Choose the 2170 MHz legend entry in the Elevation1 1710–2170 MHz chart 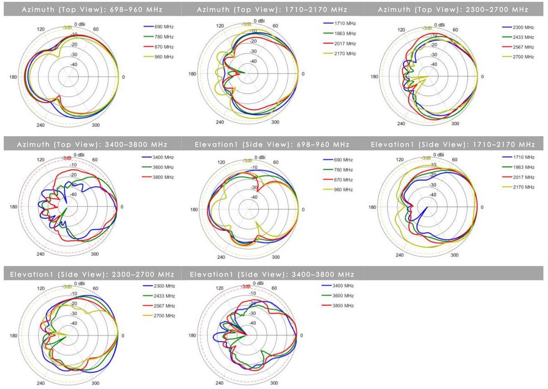point(523,187)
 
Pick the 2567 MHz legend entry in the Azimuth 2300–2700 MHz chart point(523,47)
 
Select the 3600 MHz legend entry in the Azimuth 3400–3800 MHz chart point(163,167)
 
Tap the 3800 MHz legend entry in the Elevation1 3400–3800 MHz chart point(343,305)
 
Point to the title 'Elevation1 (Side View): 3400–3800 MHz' point(272,274)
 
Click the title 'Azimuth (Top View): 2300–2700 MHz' point(453,10)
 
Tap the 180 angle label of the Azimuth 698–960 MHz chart point(13,77)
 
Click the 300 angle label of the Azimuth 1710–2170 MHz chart point(275,122)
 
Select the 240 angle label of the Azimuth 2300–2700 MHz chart point(401,124)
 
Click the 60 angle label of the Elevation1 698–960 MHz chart point(276,162)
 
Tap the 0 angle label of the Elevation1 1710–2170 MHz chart point(482,207)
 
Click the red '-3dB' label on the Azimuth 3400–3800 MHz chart point(66,158)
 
